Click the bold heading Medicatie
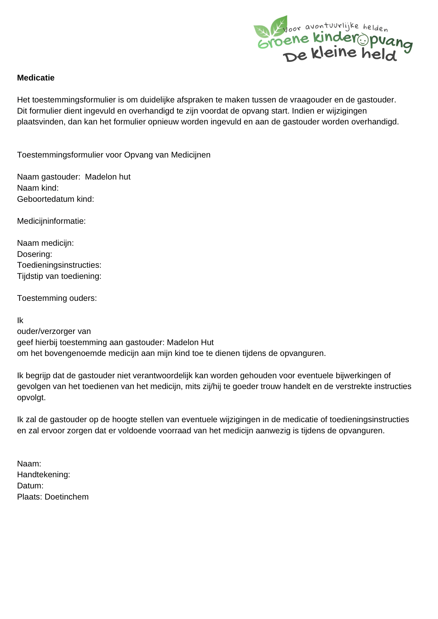pyautogui.click(x=36, y=78)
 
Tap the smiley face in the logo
pyautogui.click(x=362, y=40)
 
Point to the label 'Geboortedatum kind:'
pyautogui.click(x=55, y=199)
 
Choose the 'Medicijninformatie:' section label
pyautogui.click(x=51, y=221)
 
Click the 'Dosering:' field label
pyautogui.click(x=34, y=254)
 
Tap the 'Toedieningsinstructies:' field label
pyautogui.click(x=59, y=265)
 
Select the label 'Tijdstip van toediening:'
pyautogui.click(x=59, y=276)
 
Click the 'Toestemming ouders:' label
pyautogui.click(x=57, y=298)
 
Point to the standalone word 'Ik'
pyautogui.click(x=20, y=321)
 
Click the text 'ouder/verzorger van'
pyautogui.click(x=54, y=331)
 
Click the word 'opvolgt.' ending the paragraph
pyautogui.click(x=31, y=398)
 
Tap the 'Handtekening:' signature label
pyautogui.click(x=43, y=475)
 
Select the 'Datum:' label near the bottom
pyautogui.click(x=30, y=486)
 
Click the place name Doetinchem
pyautogui.click(x=67, y=497)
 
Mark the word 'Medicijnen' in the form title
pyautogui.click(x=190, y=155)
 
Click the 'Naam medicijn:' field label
pyautogui.click(x=45, y=243)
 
